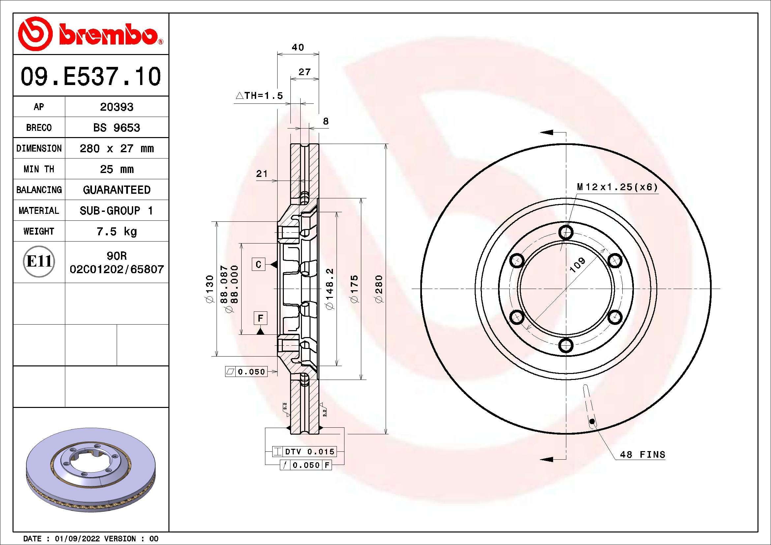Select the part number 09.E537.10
click(x=91, y=76)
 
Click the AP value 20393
click(x=116, y=107)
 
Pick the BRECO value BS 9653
click(x=116, y=128)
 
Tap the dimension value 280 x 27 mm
click(x=116, y=148)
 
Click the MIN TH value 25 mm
click(x=116, y=169)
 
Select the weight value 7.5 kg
click(x=116, y=231)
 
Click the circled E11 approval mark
click(x=39, y=261)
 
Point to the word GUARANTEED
click(x=116, y=190)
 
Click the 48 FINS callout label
click(x=642, y=455)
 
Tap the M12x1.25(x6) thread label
click(x=617, y=187)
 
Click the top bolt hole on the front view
click(x=566, y=232)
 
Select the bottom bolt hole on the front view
click(x=566, y=345)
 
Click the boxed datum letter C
click(x=258, y=265)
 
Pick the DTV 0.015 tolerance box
click(x=309, y=452)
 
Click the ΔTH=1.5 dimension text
click(x=259, y=96)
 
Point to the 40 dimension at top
click(x=298, y=47)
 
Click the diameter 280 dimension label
click(x=378, y=289)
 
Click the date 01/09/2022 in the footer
click(x=77, y=539)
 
